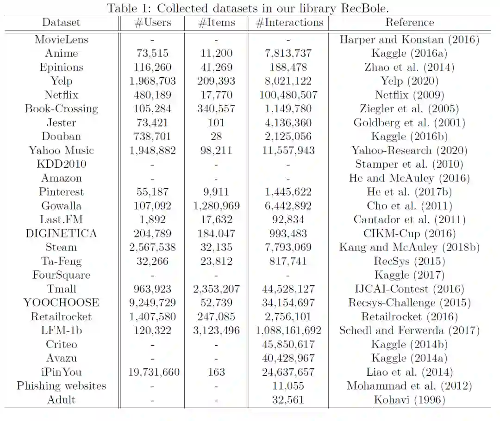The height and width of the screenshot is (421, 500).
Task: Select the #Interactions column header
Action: [289, 23]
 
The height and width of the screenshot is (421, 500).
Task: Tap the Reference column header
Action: [410, 23]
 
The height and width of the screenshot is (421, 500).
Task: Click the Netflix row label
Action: [62, 95]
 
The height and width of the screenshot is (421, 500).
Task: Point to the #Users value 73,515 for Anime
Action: [152, 54]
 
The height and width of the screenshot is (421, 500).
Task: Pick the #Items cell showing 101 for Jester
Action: [216, 123]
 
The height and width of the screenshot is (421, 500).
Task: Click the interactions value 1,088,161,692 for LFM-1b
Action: [289, 330]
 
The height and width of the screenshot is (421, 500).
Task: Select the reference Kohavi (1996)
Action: [410, 400]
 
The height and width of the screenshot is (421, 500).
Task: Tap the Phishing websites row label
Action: [62, 386]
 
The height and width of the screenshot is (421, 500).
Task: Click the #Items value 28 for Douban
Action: [216, 137]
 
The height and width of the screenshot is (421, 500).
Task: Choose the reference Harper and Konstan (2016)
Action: [410, 40]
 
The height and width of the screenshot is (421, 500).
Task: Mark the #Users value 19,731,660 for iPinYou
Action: [152, 372]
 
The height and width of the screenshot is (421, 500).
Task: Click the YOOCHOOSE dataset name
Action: [62, 303]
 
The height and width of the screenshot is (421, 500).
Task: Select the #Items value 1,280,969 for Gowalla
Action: [216, 206]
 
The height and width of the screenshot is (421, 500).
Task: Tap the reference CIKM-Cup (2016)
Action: [410, 234]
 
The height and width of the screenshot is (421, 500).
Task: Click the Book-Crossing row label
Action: [62, 109]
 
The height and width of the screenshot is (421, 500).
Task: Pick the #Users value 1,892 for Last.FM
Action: [152, 220]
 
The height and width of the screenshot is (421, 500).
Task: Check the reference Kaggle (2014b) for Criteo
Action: [410, 344]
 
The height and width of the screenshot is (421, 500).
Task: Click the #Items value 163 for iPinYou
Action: [216, 372]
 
